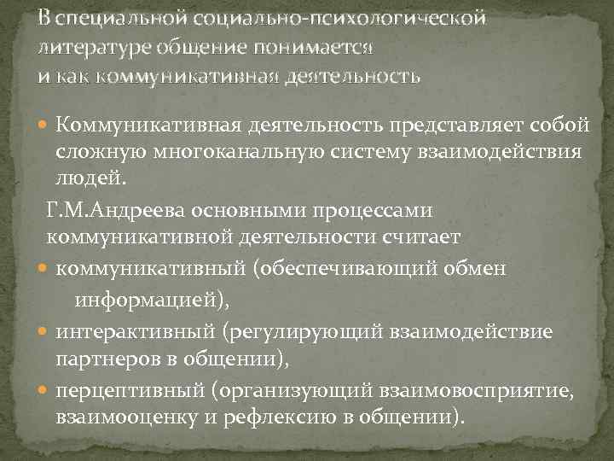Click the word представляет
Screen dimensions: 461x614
(x=450, y=126)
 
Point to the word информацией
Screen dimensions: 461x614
(x=150, y=301)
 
